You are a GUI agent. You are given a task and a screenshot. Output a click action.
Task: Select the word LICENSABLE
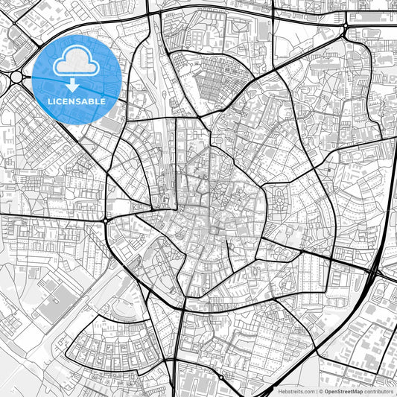tap(77, 101)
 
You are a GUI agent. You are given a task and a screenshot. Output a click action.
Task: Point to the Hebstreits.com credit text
tap(296, 391)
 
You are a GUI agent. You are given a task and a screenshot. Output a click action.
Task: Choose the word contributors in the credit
tap(378, 391)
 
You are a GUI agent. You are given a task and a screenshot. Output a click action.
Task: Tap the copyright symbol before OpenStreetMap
tap(319, 391)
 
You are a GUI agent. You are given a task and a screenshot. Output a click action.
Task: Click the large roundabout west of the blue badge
tap(16, 77)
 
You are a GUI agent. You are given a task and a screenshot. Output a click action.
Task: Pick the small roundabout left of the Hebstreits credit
tap(220, 377)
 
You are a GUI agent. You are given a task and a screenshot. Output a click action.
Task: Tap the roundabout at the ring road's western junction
tap(106, 220)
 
